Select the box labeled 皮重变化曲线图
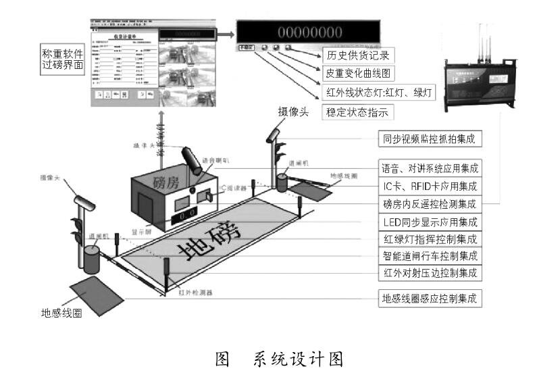361,72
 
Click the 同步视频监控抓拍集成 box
429,139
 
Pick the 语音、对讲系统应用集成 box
429,168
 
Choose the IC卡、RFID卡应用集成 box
429,185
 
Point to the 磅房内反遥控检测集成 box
429,203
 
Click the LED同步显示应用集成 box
429,221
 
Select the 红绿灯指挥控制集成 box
429,239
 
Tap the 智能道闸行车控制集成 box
429,256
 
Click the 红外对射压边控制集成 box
429,274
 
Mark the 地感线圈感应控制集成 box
429,298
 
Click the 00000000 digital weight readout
311,31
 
